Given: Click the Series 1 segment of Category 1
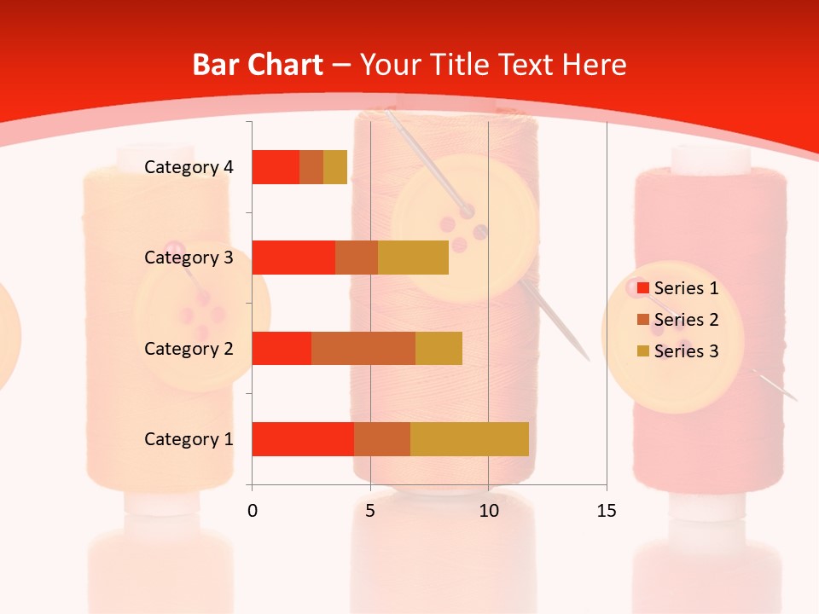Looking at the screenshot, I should click(x=303, y=439).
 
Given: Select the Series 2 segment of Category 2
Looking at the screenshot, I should click(x=363, y=348).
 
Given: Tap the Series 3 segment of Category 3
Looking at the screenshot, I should click(x=413, y=258).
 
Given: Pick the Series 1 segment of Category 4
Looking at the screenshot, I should click(x=276, y=167).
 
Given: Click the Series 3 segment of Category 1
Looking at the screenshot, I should click(x=469, y=439).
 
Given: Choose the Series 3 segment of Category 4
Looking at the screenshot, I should click(x=335, y=167).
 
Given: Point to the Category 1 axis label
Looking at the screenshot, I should click(x=189, y=439).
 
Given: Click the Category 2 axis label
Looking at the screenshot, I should click(x=189, y=348).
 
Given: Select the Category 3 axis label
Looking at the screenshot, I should click(x=189, y=258).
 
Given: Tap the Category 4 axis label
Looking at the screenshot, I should click(x=189, y=167).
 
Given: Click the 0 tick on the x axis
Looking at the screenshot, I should click(x=253, y=511).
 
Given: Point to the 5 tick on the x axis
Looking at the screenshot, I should click(x=370, y=511).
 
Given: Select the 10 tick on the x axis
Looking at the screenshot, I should click(x=488, y=511).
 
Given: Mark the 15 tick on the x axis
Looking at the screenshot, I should click(x=607, y=511).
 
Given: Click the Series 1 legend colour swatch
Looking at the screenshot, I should click(x=642, y=288).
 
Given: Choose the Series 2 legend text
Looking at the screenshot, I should click(x=686, y=320).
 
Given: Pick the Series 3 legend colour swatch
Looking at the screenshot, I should click(x=642, y=351).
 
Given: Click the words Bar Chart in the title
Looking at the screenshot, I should click(x=258, y=65).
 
